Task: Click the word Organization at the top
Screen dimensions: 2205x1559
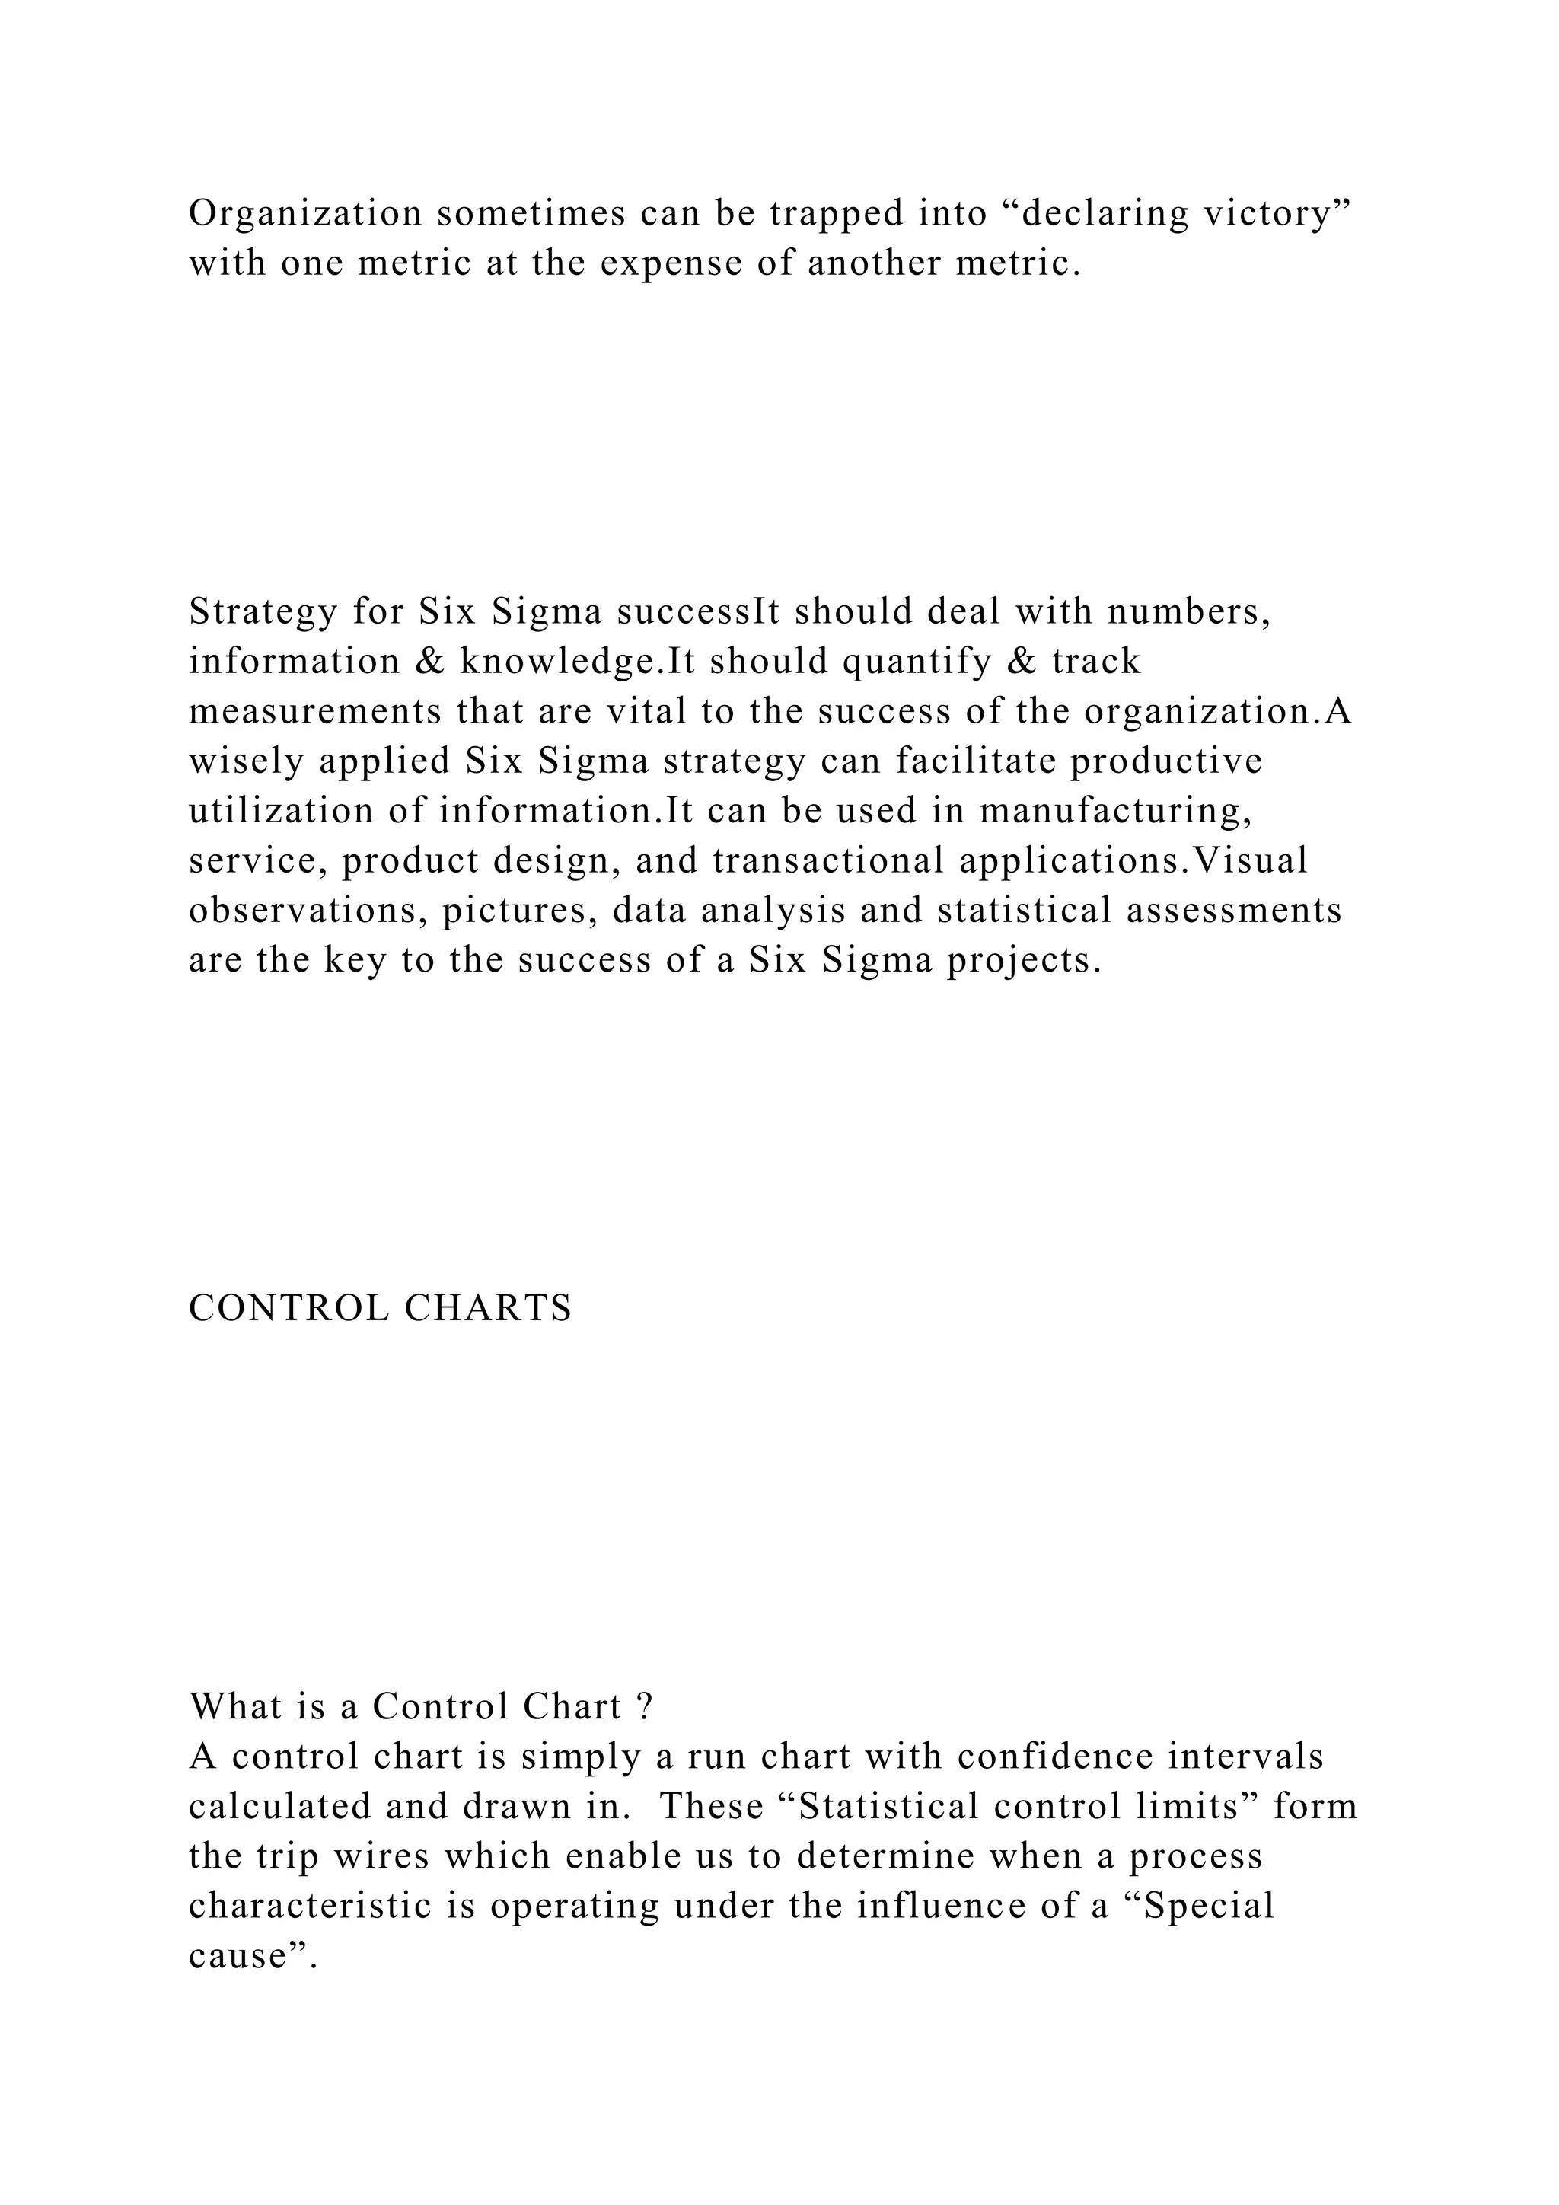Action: click(305, 213)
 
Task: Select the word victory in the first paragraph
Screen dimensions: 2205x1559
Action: click(1264, 213)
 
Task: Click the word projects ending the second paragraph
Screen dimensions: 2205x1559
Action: click(1023, 960)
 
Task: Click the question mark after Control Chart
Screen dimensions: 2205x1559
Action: click(645, 1706)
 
